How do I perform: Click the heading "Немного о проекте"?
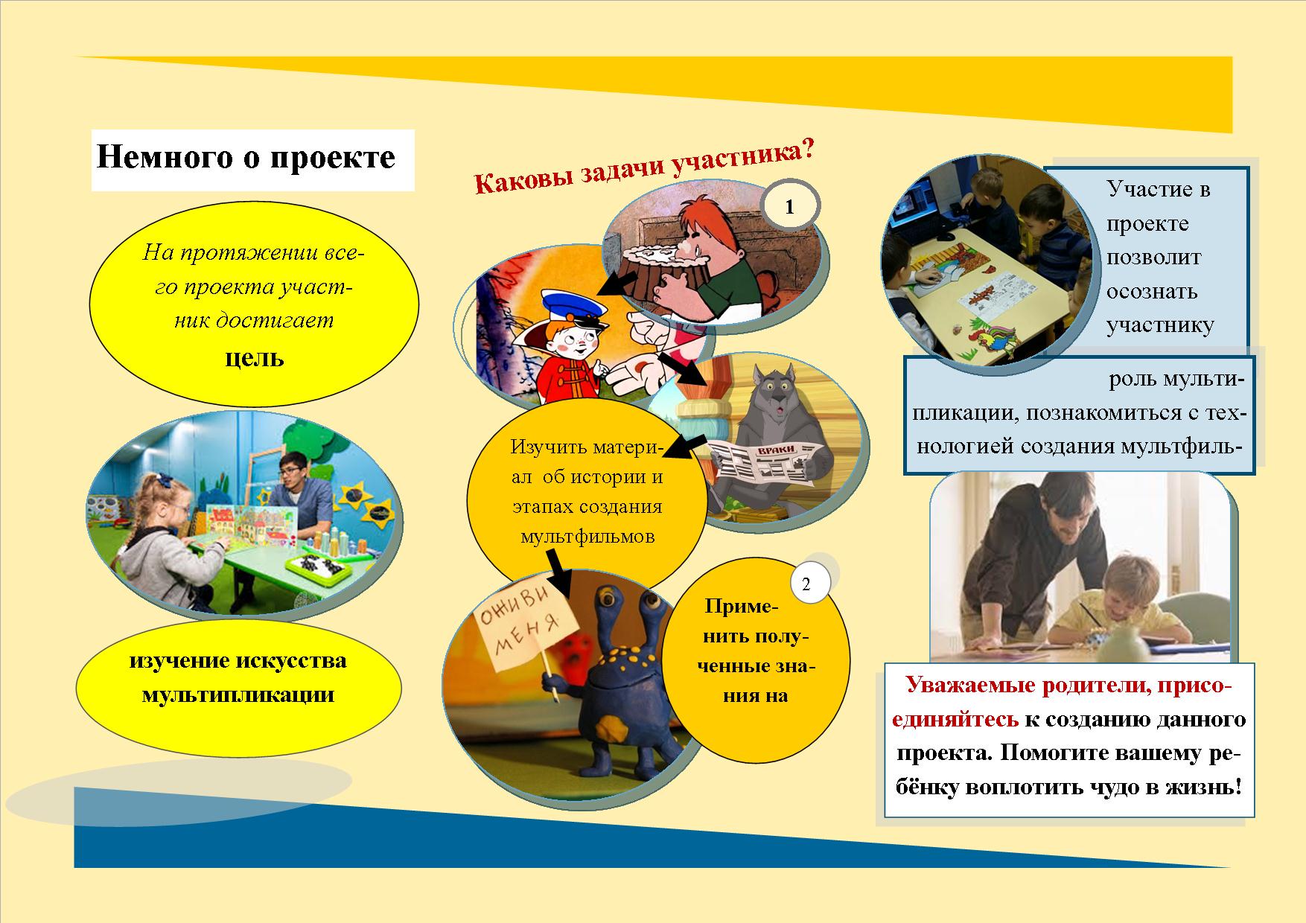(x=246, y=159)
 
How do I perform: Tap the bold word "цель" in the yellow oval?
(x=255, y=359)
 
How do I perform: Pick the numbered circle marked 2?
(x=806, y=584)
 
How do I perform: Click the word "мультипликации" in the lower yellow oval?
(x=238, y=694)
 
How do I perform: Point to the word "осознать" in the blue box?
(x=1151, y=291)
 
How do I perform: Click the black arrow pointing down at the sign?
(x=558, y=574)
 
